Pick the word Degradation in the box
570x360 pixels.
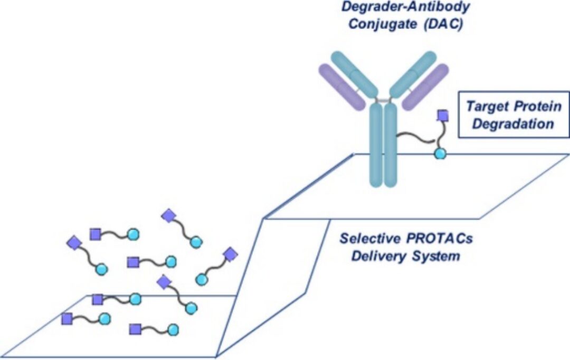point(510,125)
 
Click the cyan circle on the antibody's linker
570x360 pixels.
point(440,154)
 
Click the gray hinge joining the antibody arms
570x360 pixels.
point(383,100)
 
